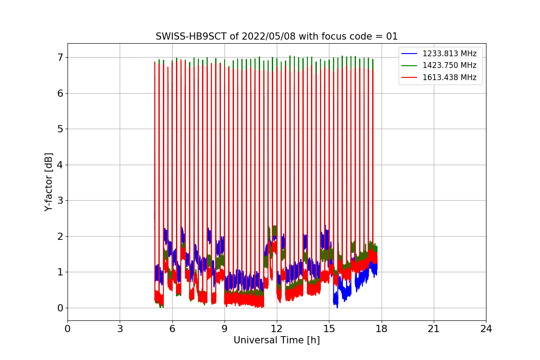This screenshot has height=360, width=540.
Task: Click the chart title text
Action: pyautogui.click(x=276, y=36)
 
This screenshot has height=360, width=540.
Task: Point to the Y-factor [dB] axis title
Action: pyautogui.click(x=49, y=182)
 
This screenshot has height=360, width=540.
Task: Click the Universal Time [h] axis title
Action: pyautogui.click(x=276, y=340)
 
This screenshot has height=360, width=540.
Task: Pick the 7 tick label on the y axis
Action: pyautogui.click(x=59, y=58)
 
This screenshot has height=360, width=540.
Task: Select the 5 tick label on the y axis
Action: pyautogui.click(x=59, y=129)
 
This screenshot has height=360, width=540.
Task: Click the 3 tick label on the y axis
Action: pyautogui.click(x=59, y=201)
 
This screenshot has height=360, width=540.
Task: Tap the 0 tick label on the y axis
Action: pyautogui.click(x=59, y=308)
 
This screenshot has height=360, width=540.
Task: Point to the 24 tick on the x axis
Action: pyautogui.click(x=486, y=329)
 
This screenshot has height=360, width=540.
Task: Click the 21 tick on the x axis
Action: pyautogui.click(x=433, y=329)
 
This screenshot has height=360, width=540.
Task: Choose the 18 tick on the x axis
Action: pyautogui.click(x=381, y=329)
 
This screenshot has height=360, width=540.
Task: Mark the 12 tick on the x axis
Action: pyautogui.click(x=276, y=329)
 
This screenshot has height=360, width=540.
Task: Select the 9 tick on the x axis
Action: pyautogui.click(x=224, y=329)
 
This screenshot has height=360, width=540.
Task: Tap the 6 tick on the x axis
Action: pyautogui.click(x=172, y=329)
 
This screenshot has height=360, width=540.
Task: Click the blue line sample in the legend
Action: pyautogui.click(x=409, y=54)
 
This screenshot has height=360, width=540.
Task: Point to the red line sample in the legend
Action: pyautogui.click(x=409, y=77)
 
